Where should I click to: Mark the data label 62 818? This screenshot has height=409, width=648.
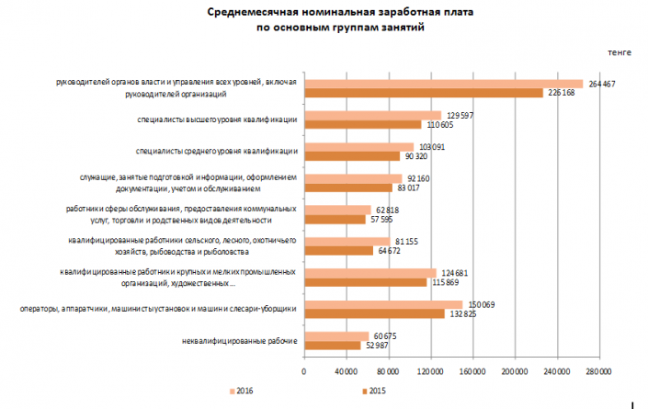coord(387,210)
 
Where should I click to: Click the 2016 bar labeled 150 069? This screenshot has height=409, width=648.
coord(382,304)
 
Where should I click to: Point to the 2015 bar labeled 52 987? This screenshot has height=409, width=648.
coord(332,346)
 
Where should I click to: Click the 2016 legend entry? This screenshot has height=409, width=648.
coord(241,392)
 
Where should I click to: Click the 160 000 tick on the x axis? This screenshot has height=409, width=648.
coord(472,371)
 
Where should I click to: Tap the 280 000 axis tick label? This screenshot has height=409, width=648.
coord(597,371)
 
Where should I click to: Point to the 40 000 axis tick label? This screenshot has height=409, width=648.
coord(346,371)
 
